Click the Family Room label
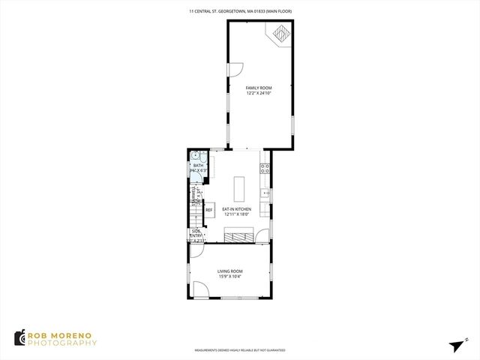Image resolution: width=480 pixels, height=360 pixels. pyautogui.click(x=259, y=88)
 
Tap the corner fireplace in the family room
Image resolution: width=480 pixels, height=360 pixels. pyautogui.click(x=281, y=34)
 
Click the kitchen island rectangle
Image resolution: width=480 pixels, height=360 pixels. pyautogui.click(x=240, y=185)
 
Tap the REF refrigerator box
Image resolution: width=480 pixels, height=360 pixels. pyautogui.click(x=209, y=210)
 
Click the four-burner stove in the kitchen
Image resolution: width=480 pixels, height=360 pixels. pyautogui.click(x=264, y=169)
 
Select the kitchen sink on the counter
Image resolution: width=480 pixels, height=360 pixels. pyautogui.click(x=265, y=193)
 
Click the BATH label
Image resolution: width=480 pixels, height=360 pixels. pyautogui.click(x=198, y=165)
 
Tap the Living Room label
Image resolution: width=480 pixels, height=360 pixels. pyautogui.click(x=230, y=271)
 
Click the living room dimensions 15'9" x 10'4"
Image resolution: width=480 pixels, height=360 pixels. pyautogui.click(x=230, y=277)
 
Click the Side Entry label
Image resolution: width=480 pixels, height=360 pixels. pyautogui.click(x=196, y=233)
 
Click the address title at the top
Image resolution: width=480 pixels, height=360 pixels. pyautogui.click(x=240, y=11)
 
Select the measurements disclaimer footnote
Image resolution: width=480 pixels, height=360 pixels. pyautogui.click(x=240, y=349)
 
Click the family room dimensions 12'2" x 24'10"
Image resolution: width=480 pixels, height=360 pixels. pyautogui.click(x=259, y=94)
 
